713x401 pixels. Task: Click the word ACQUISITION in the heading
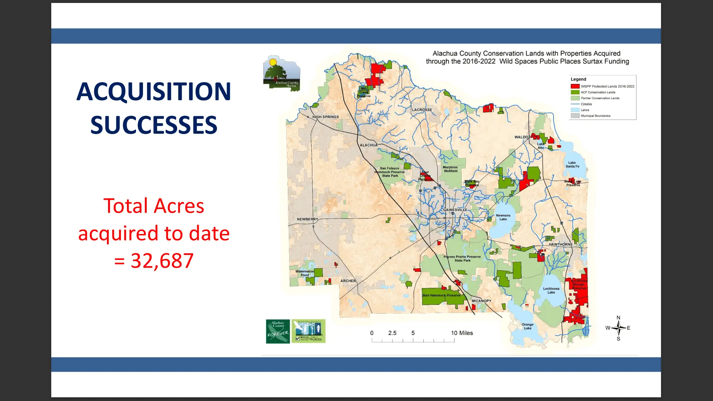pyautogui.click(x=154, y=91)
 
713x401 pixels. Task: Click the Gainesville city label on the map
pyautogui.click(x=455, y=210)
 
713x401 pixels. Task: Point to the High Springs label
pyautogui.click(x=326, y=117)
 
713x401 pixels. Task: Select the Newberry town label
pyautogui.click(x=307, y=219)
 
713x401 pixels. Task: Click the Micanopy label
pyautogui.click(x=481, y=301)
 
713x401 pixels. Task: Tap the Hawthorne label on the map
pyautogui.click(x=560, y=244)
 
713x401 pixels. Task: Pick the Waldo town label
pyautogui.click(x=521, y=137)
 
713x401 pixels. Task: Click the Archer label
pyautogui.click(x=348, y=281)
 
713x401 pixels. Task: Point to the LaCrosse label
pyautogui.click(x=422, y=110)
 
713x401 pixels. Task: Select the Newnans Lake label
pyautogui.click(x=503, y=217)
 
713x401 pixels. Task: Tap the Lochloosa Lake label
pyautogui.click(x=551, y=290)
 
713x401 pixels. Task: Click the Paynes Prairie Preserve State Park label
pyautogui.click(x=462, y=258)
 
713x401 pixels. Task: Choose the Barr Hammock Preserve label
pyautogui.click(x=441, y=296)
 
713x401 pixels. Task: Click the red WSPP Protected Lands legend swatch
pyautogui.click(x=575, y=87)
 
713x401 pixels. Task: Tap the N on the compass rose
pyautogui.click(x=618, y=318)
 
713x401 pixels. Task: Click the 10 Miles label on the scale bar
pyautogui.click(x=462, y=333)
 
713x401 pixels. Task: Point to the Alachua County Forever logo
pyautogui.click(x=278, y=331)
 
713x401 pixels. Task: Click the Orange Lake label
pyautogui.click(x=528, y=326)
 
